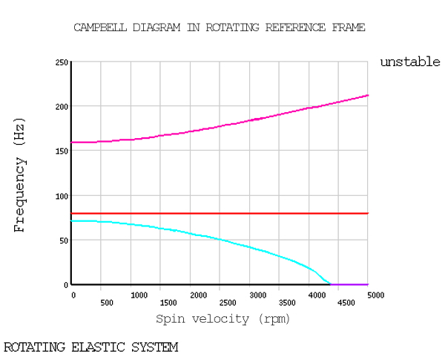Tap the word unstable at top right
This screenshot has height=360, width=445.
[410, 62]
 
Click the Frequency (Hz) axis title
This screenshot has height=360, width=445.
[20, 174]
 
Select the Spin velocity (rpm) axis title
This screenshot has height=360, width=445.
[222, 318]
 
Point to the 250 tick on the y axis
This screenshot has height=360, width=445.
[62, 62]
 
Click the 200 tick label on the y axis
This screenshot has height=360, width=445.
[62, 107]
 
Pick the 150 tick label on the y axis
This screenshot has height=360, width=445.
[62, 151]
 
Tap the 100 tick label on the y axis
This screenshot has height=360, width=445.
[62, 196]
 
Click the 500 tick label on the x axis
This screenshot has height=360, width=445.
[106, 303]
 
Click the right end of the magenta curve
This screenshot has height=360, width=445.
[368, 95]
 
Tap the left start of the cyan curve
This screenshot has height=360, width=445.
[73, 221]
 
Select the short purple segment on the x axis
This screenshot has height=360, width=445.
[349, 284]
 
